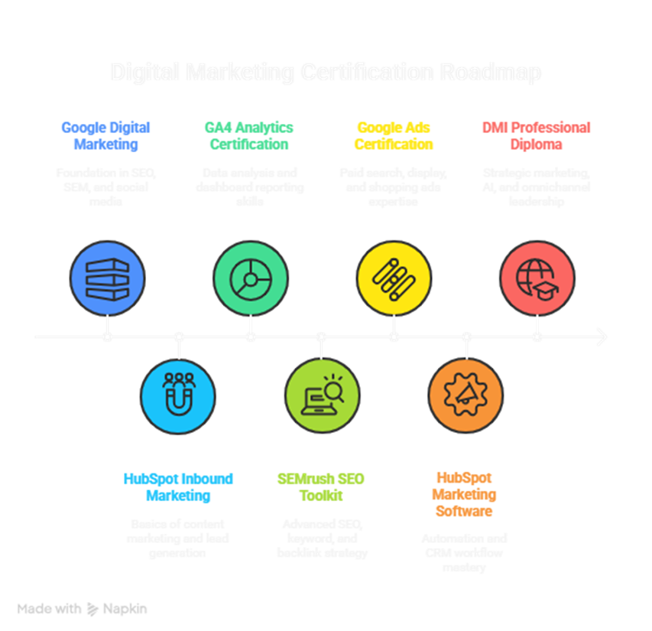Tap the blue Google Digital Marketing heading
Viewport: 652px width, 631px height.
click(106, 135)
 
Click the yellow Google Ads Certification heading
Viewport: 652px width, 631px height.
click(393, 135)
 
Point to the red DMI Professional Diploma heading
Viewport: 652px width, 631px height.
click(536, 135)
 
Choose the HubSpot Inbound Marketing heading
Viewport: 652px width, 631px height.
click(178, 487)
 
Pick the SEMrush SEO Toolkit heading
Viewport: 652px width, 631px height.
click(321, 487)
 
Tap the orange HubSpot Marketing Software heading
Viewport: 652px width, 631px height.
click(464, 495)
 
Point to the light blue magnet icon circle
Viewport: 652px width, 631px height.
click(178, 395)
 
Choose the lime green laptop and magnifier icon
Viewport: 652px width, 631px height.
click(322, 395)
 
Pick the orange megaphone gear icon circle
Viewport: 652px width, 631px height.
click(465, 395)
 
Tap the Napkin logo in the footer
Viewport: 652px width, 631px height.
click(115, 610)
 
